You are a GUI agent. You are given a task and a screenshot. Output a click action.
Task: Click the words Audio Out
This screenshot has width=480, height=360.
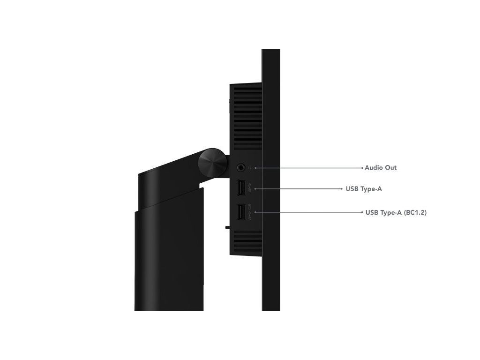tap(381, 167)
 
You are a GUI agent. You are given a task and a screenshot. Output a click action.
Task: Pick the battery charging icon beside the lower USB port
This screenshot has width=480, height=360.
tap(249, 206)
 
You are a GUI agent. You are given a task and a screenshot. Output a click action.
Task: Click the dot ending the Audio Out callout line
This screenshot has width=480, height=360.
tap(363, 167)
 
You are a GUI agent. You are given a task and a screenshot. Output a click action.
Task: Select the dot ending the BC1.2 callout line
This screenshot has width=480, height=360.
tap(363, 212)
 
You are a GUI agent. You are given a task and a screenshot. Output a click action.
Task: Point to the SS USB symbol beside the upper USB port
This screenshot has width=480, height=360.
tap(249, 189)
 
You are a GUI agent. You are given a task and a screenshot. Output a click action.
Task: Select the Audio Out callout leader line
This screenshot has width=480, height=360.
tap(309, 167)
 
